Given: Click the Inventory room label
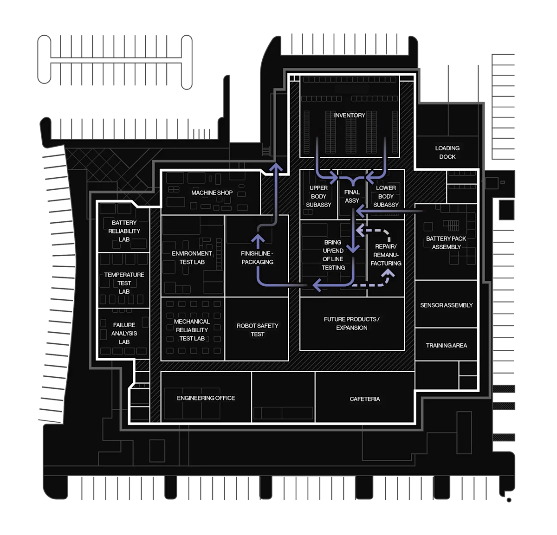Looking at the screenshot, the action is pyautogui.click(x=349, y=115).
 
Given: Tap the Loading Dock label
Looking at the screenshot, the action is pyautogui.click(x=447, y=153).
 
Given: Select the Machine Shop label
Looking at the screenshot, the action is pyautogui.click(x=212, y=193).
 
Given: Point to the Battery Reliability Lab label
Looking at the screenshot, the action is pyautogui.click(x=124, y=231).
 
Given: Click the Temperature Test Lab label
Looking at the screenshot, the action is pyautogui.click(x=124, y=283).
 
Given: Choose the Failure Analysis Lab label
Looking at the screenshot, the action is pyautogui.click(x=124, y=333).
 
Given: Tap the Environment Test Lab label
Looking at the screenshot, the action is pyautogui.click(x=192, y=258).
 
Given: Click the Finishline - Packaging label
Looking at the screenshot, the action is pyautogui.click(x=257, y=258).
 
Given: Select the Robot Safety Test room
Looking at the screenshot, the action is pyautogui.click(x=257, y=329).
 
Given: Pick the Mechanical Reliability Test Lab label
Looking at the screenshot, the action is pyautogui.click(x=192, y=330).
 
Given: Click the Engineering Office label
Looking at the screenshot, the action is pyautogui.click(x=206, y=398).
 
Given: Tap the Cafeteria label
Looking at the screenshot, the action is pyautogui.click(x=365, y=399).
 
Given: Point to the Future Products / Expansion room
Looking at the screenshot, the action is pyautogui.click(x=352, y=323).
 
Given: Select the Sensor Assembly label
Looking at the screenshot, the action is pyautogui.click(x=446, y=305).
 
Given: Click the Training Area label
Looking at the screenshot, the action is pyautogui.click(x=446, y=345).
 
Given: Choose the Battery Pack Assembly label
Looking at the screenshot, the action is pyautogui.click(x=446, y=243).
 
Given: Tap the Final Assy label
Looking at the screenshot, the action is pyautogui.click(x=352, y=196).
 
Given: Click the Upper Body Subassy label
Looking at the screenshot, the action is pyautogui.click(x=318, y=196).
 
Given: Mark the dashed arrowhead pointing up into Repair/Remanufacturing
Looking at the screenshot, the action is pyautogui.click(x=388, y=274).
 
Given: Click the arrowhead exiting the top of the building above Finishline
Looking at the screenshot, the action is pyautogui.click(x=276, y=167).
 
